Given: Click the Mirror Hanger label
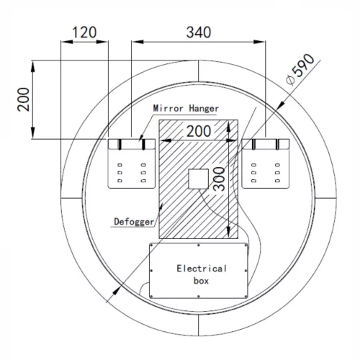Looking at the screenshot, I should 186,108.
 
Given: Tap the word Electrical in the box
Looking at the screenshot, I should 202,269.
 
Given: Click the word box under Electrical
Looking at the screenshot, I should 202,281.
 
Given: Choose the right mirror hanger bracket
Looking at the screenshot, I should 266,163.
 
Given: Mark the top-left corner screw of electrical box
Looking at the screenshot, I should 153,246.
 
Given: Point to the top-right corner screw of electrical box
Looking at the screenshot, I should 246,246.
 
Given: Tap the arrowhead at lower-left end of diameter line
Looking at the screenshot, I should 109,297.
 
